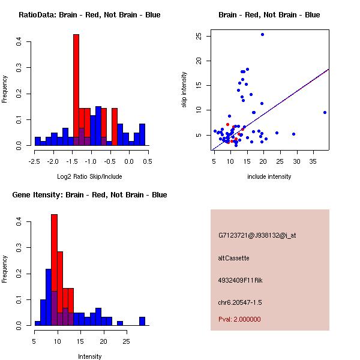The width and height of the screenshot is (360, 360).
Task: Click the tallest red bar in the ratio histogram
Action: point(76,90)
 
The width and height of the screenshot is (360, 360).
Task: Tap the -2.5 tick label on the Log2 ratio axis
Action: point(35,161)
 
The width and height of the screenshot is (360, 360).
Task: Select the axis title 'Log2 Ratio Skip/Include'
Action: point(89,176)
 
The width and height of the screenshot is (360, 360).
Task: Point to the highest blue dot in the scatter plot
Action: point(262,34)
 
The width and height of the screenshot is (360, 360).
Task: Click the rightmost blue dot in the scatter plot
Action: point(325,112)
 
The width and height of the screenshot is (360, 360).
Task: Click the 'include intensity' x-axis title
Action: point(269,176)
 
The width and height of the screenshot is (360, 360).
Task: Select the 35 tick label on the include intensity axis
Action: point(313,161)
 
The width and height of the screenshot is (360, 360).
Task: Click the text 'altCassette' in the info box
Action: point(233,258)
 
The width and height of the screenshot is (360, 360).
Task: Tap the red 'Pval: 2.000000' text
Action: point(239,319)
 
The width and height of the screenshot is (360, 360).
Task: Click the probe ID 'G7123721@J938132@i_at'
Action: point(257,235)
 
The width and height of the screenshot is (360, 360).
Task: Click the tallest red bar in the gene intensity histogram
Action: point(54,270)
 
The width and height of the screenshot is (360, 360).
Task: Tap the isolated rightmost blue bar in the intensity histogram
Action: point(142,321)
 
